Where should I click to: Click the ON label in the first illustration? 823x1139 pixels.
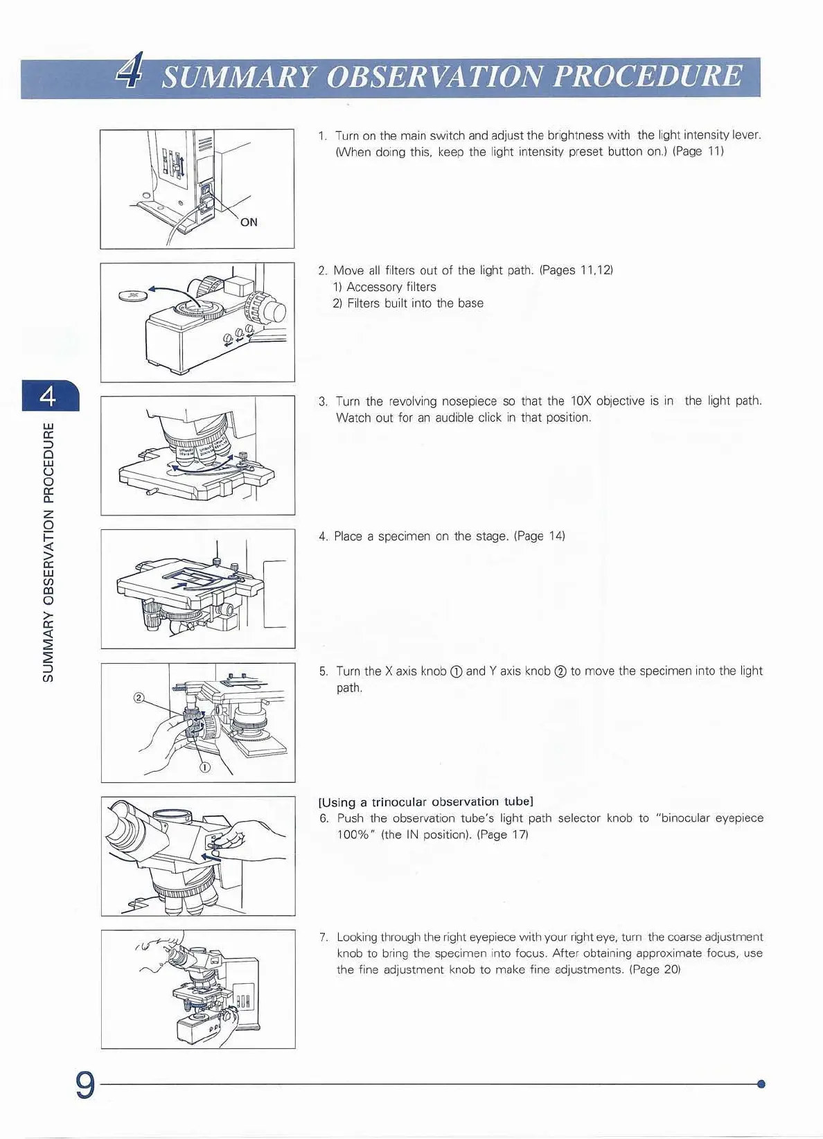(249, 222)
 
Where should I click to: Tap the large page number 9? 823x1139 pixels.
(85, 1085)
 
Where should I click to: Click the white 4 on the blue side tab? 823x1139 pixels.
(48, 396)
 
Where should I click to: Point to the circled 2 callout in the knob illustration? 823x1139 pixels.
(139, 697)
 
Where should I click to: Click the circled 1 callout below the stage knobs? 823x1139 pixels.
(205, 767)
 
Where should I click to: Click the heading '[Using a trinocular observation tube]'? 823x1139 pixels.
(425, 802)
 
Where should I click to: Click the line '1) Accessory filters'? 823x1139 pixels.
(384, 287)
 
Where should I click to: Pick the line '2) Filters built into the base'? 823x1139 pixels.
(408, 303)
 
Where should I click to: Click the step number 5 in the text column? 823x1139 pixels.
(323, 671)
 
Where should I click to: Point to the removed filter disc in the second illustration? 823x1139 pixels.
(133, 296)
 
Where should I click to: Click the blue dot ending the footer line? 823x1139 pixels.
(761, 1084)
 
